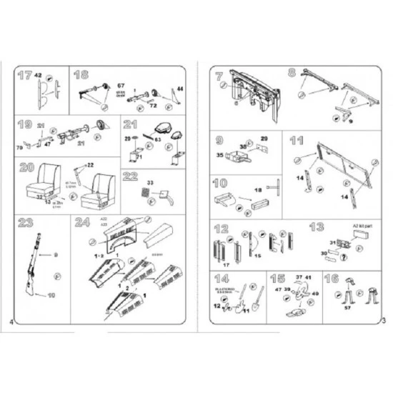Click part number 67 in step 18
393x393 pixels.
pyautogui.click(x=121, y=86)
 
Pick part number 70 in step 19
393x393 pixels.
pyautogui.click(x=19, y=149)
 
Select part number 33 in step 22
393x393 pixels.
pyautogui.click(x=150, y=184)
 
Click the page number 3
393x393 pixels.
pyautogui.click(x=384, y=322)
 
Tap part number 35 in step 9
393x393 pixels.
pyautogui.click(x=219, y=154)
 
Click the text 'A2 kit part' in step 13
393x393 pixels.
pyautogui.click(x=364, y=227)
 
